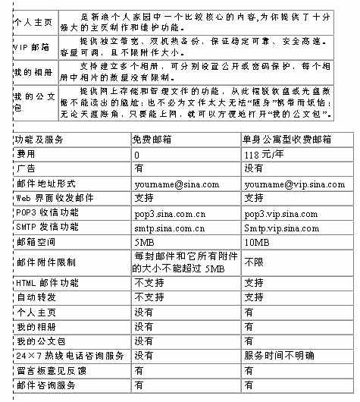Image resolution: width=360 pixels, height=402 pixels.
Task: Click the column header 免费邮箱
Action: pos(155,140)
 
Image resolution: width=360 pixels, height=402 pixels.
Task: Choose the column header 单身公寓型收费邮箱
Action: pos(287,140)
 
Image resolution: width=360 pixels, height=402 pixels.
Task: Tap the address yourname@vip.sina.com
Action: pos(295,184)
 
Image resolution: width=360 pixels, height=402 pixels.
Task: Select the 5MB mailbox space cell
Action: pos(143,242)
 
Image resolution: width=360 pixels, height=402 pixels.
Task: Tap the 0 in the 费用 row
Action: pos(137,155)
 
